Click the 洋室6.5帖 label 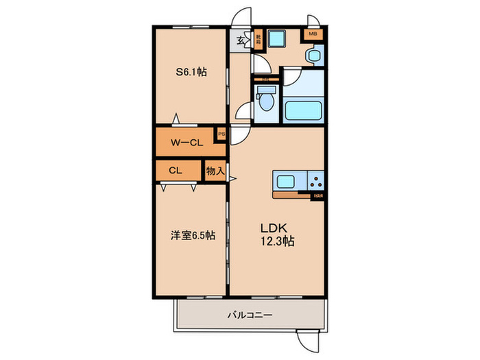pos(193,235)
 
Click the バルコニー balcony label pos(250,315)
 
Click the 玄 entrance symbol pos(241,40)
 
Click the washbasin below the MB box pos(313,54)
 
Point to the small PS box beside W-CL pos(221,134)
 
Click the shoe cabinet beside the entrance pos(259,39)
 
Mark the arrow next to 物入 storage pos(233,180)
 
